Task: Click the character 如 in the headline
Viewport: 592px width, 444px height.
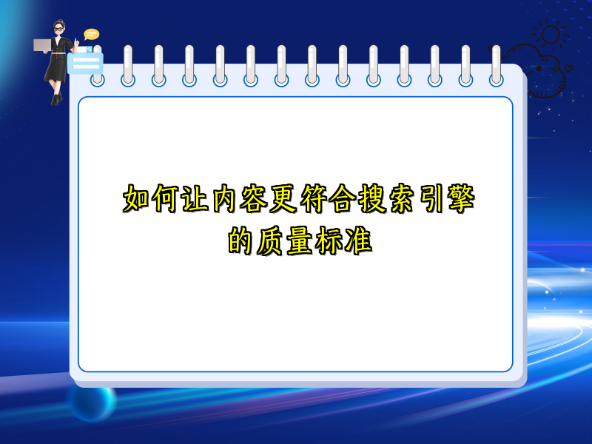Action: [x=136, y=198]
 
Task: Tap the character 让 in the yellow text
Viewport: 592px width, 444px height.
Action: [x=195, y=198]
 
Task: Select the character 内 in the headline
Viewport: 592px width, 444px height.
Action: [x=224, y=198]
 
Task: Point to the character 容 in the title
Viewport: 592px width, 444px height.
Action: [x=254, y=198]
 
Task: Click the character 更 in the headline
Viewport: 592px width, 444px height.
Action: [x=283, y=198]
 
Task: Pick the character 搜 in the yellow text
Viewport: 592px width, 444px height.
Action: [x=371, y=198]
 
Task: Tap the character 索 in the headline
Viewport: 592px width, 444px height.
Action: [x=401, y=198]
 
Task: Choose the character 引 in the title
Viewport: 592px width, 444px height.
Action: [x=431, y=198]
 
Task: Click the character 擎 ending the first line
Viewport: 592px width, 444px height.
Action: [x=460, y=198]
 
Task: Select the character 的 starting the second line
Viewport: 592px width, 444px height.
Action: [x=240, y=240]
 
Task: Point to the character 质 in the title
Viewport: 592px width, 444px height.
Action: [x=270, y=240]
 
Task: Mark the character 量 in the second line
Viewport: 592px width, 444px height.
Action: [x=300, y=240]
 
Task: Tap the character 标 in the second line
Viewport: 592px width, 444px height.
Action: [x=329, y=240]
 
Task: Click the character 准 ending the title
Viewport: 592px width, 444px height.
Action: [x=358, y=240]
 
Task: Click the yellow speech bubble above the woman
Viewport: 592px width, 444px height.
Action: [x=91, y=34]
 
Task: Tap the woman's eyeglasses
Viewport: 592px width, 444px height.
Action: [x=58, y=29]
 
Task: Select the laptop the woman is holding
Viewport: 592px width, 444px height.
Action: [x=42, y=45]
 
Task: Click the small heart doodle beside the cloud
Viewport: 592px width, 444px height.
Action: [x=568, y=68]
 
